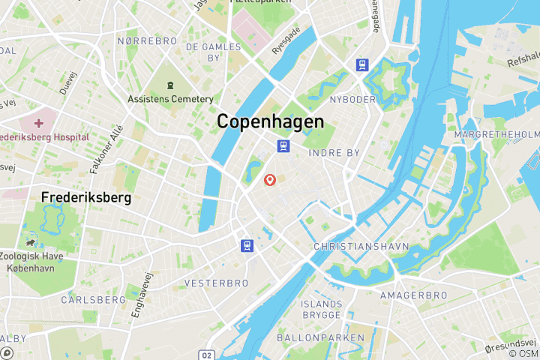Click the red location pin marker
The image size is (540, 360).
click(270, 180)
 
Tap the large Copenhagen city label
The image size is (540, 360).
click(270, 121)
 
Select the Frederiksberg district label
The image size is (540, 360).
click(86, 198)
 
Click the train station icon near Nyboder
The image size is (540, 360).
click(362, 65)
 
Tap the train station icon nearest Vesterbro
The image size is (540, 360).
click(246, 245)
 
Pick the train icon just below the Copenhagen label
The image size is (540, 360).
click(283, 145)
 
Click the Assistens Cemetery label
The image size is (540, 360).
click(170, 99)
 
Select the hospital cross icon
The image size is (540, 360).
click(38, 121)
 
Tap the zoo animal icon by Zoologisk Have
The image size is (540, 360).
click(30, 242)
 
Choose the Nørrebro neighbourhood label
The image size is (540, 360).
click(146, 40)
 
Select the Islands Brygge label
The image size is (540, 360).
click(322, 309)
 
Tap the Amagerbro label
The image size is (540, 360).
click(413, 296)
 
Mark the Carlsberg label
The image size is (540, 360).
click(94, 299)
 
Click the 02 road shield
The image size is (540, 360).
click(208, 354)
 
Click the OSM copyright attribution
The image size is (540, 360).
click(523, 353)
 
